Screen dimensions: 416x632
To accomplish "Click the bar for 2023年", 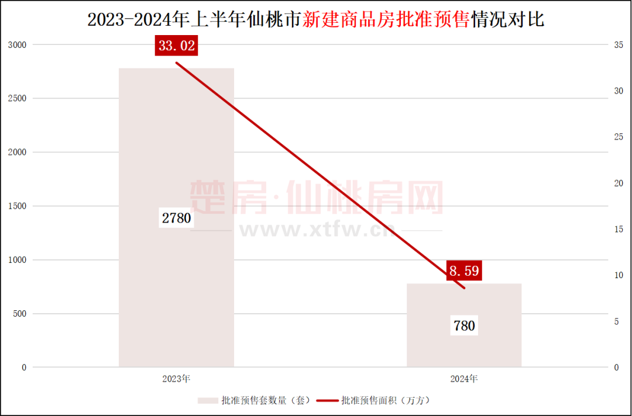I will [x=176, y=146].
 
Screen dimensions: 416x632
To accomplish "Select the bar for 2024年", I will [x=463, y=351].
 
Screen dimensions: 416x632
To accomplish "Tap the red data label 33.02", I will [x=176, y=46].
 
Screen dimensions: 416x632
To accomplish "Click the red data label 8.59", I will [x=464, y=271].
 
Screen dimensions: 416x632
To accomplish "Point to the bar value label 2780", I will [x=177, y=219].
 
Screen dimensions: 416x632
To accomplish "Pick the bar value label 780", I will [x=464, y=325].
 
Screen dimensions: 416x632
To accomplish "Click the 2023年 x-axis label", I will [x=176, y=379].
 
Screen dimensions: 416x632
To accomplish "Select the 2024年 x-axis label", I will [x=464, y=379].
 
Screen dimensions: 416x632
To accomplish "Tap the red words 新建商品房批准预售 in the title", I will [x=387, y=20].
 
